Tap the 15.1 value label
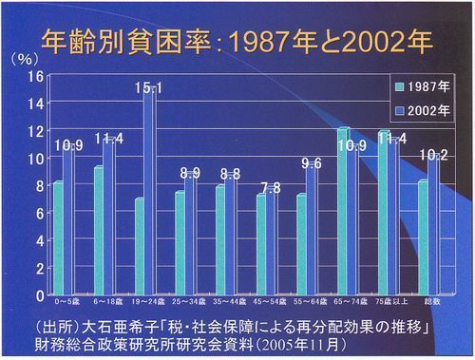[148, 88]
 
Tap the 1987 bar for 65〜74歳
[343, 210]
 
